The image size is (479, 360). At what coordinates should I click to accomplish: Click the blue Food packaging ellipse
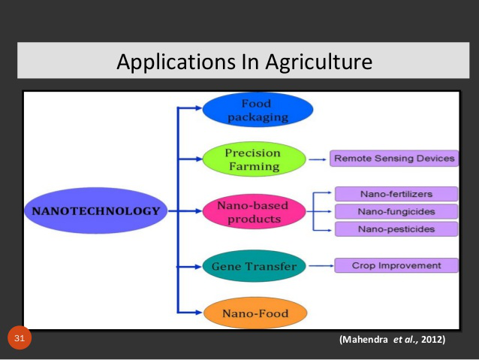click(x=258, y=110)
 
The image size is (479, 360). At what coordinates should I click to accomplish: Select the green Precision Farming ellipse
click(x=255, y=159)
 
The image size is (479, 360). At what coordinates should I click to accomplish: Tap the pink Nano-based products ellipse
click(x=255, y=211)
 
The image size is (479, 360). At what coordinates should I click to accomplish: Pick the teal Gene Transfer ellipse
click(x=255, y=266)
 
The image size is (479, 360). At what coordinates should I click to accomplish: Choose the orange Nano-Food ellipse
click(x=255, y=313)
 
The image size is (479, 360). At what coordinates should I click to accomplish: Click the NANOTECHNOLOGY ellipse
click(x=96, y=210)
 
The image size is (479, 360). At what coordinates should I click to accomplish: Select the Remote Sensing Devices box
click(x=394, y=158)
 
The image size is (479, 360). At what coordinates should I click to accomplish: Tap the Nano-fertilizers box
click(x=396, y=194)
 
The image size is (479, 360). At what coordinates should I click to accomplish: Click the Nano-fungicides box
click(x=396, y=211)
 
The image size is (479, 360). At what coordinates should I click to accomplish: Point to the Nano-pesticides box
click(x=396, y=229)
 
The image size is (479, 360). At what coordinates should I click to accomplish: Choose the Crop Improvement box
click(x=396, y=265)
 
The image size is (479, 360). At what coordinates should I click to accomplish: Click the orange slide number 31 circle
click(x=20, y=337)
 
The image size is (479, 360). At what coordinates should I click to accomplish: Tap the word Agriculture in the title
click(x=318, y=62)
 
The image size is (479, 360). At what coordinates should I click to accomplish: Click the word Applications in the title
click(x=176, y=62)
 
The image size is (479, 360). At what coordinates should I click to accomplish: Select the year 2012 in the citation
click(x=432, y=340)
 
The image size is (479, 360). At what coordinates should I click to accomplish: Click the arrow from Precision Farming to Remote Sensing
click(x=318, y=159)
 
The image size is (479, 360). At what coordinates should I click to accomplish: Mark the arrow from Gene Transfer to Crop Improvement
click(x=321, y=266)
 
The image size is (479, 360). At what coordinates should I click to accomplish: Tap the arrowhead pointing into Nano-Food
click(x=198, y=313)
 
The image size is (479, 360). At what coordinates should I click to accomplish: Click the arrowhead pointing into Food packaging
click(x=198, y=107)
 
